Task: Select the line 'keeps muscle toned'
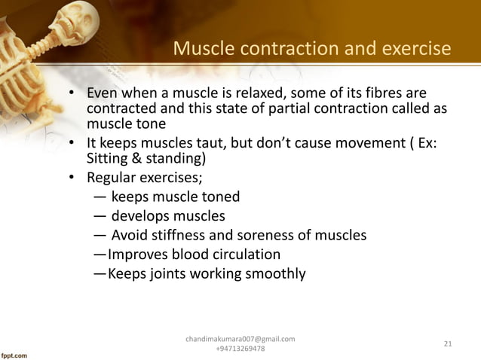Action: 175,197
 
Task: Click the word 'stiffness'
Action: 178,236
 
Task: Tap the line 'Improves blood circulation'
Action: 194,255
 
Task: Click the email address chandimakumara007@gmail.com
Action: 240,340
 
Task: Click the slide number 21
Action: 448,345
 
